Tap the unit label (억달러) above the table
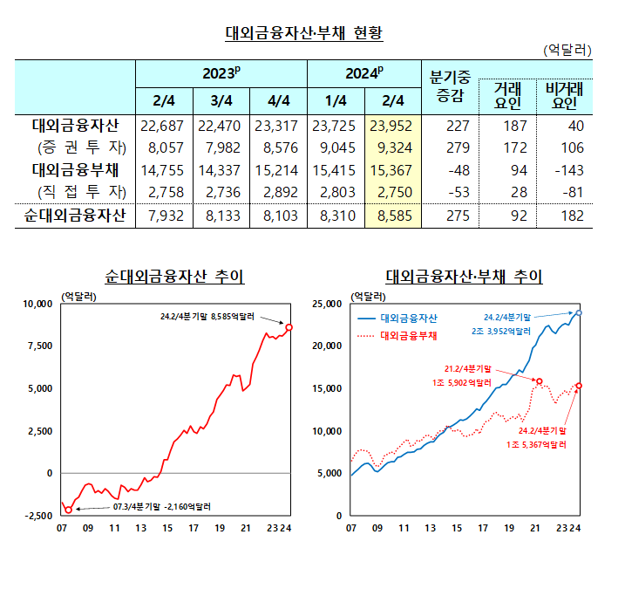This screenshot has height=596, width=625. pyautogui.click(x=567, y=51)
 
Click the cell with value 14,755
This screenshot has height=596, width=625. pyautogui.click(x=163, y=169)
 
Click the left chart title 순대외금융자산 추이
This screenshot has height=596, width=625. pyautogui.click(x=174, y=277)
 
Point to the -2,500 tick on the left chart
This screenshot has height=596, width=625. pyautogui.click(x=37, y=516)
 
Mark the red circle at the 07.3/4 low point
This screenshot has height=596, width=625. pyautogui.click(x=68, y=510)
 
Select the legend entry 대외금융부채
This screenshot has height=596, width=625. pyautogui.click(x=409, y=334)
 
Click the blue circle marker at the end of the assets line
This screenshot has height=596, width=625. pyautogui.click(x=580, y=312)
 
